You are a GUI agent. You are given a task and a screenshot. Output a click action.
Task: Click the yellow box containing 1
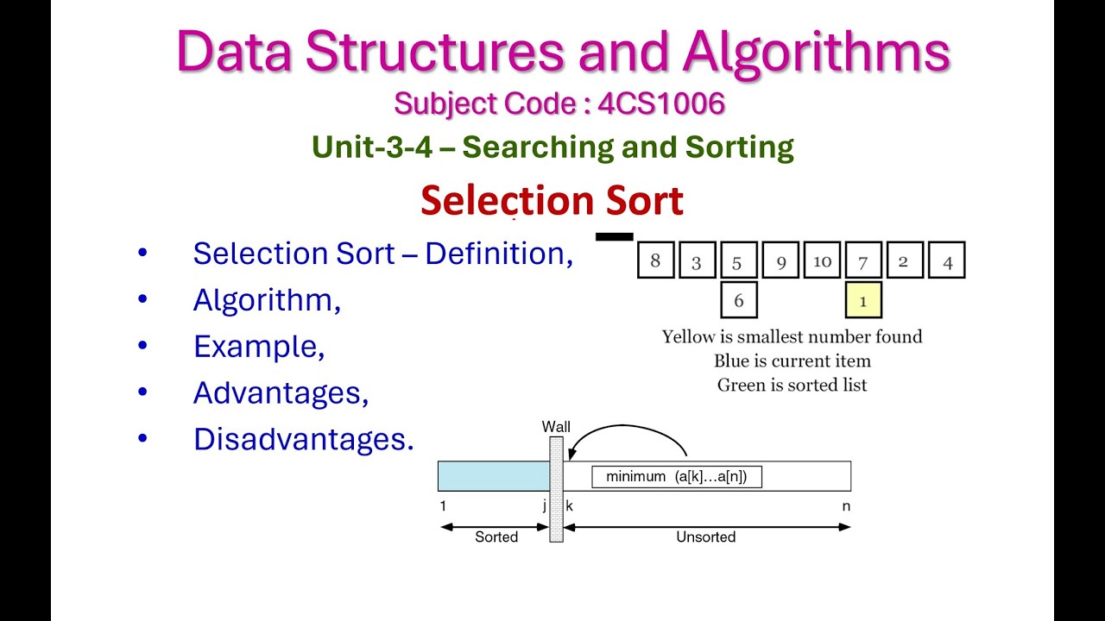[x=863, y=300]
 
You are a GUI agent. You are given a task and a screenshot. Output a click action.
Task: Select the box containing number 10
[x=821, y=260]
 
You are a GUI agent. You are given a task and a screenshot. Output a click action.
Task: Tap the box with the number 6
[x=739, y=300]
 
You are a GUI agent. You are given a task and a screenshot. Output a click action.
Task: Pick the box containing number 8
[x=655, y=260]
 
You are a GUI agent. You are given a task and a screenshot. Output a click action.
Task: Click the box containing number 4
[x=947, y=260]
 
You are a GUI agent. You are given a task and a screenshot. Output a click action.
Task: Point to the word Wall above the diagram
[x=556, y=427]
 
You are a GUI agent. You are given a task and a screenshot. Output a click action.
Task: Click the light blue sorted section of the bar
[x=493, y=476]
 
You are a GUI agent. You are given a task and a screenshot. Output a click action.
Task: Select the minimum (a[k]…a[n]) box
[x=676, y=476]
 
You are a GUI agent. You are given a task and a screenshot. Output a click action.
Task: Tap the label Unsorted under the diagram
[x=705, y=536]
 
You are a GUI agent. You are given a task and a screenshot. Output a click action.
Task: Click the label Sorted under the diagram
[x=496, y=536]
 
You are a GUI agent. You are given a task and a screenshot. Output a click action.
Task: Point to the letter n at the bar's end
[x=846, y=506]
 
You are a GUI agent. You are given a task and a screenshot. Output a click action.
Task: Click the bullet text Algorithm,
[x=267, y=300]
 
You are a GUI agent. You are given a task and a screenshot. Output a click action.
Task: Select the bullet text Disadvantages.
[x=303, y=439]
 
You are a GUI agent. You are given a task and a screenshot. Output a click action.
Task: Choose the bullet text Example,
[x=259, y=347]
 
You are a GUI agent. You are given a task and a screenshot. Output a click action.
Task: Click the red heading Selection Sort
[x=552, y=201]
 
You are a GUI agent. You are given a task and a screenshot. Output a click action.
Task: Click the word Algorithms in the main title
[x=816, y=52]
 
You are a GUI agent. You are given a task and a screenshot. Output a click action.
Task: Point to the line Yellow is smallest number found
[x=792, y=336]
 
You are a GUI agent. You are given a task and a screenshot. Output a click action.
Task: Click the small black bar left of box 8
[x=614, y=236]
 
